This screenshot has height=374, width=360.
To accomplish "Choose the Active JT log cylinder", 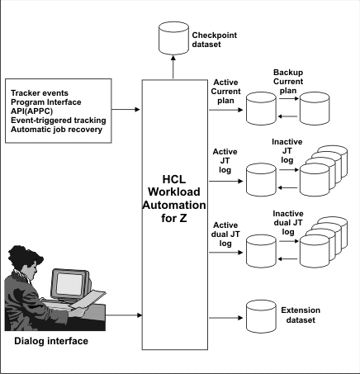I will click(256, 175).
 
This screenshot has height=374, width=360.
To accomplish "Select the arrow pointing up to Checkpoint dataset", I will click(172, 68).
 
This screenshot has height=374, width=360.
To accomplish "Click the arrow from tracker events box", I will click(127, 107).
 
